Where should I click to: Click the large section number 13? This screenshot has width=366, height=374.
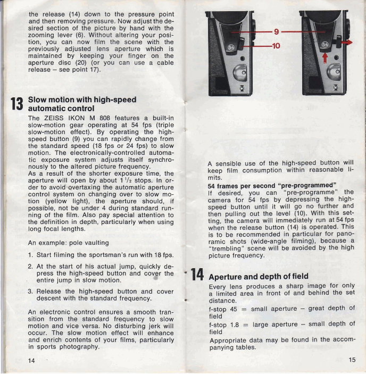tap(17, 104)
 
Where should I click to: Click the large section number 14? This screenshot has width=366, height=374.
tap(197, 275)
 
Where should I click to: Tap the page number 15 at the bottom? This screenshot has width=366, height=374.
tap(352, 360)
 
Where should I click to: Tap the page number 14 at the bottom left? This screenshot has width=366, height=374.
tap(31, 360)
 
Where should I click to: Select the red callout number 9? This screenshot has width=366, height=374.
tap(276, 31)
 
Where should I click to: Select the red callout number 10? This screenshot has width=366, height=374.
tap(276, 46)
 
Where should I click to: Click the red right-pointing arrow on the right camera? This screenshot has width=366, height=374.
tap(347, 43)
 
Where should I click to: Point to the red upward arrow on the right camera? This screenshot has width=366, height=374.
tap(325, 57)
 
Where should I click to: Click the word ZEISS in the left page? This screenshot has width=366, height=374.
tap(54, 118)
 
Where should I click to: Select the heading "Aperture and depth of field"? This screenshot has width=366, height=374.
tap(259, 277)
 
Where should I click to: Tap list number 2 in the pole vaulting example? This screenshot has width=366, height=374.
tap(30, 267)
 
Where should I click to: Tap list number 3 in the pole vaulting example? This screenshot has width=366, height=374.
tap(30, 292)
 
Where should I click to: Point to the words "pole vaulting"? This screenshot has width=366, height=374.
tap(89, 243)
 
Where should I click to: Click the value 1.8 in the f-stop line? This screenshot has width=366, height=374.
tap(235, 325)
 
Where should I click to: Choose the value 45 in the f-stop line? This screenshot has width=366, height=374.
tap(234, 309)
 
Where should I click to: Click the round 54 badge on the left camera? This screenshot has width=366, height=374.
tap(231, 47)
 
